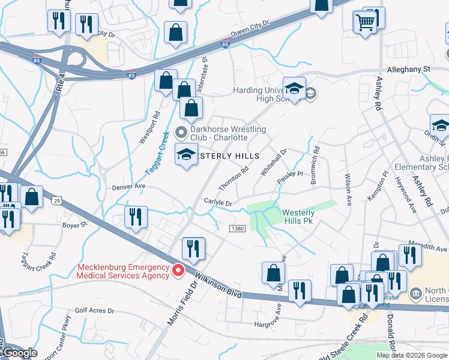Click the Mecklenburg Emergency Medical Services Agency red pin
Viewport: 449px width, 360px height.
pos(178,271)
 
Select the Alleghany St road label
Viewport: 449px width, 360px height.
pos(409,69)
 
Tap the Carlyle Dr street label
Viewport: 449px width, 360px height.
pos(218,203)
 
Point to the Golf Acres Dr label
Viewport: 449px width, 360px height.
pos(94,310)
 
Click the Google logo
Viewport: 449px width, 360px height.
pos(20,353)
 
